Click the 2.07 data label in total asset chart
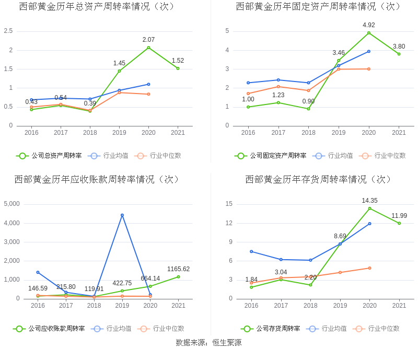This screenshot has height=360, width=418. [x=148, y=40]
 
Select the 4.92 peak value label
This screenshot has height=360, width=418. [x=369, y=25]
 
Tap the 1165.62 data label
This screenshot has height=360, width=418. [x=178, y=269]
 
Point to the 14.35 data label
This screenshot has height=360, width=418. [x=369, y=201]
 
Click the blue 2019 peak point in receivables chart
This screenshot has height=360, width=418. [x=122, y=215]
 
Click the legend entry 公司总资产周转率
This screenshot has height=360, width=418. [x=49, y=156]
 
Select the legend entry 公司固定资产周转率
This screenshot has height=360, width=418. [x=271, y=156]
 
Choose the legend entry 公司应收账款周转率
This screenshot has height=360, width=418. [x=49, y=329]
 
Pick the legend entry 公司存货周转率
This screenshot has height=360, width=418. [x=271, y=329]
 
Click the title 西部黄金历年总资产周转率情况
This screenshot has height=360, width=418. [x=97, y=7]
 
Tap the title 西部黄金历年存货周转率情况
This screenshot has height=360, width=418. [x=318, y=180]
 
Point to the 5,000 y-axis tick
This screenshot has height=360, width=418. [x=11, y=204]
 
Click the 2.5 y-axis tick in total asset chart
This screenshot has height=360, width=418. [x=8, y=31]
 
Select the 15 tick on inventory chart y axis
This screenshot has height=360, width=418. [x=229, y=204]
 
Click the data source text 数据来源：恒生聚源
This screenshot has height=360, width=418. [x=208, y=343]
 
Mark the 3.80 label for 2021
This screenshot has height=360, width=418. [x=399, y=46]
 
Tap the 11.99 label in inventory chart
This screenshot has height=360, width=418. [x=399, y=216]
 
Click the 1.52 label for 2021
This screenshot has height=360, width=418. [x=178, y=61]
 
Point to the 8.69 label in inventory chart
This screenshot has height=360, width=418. [x=340, y=236]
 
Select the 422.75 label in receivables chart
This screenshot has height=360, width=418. [x=122, y=283]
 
